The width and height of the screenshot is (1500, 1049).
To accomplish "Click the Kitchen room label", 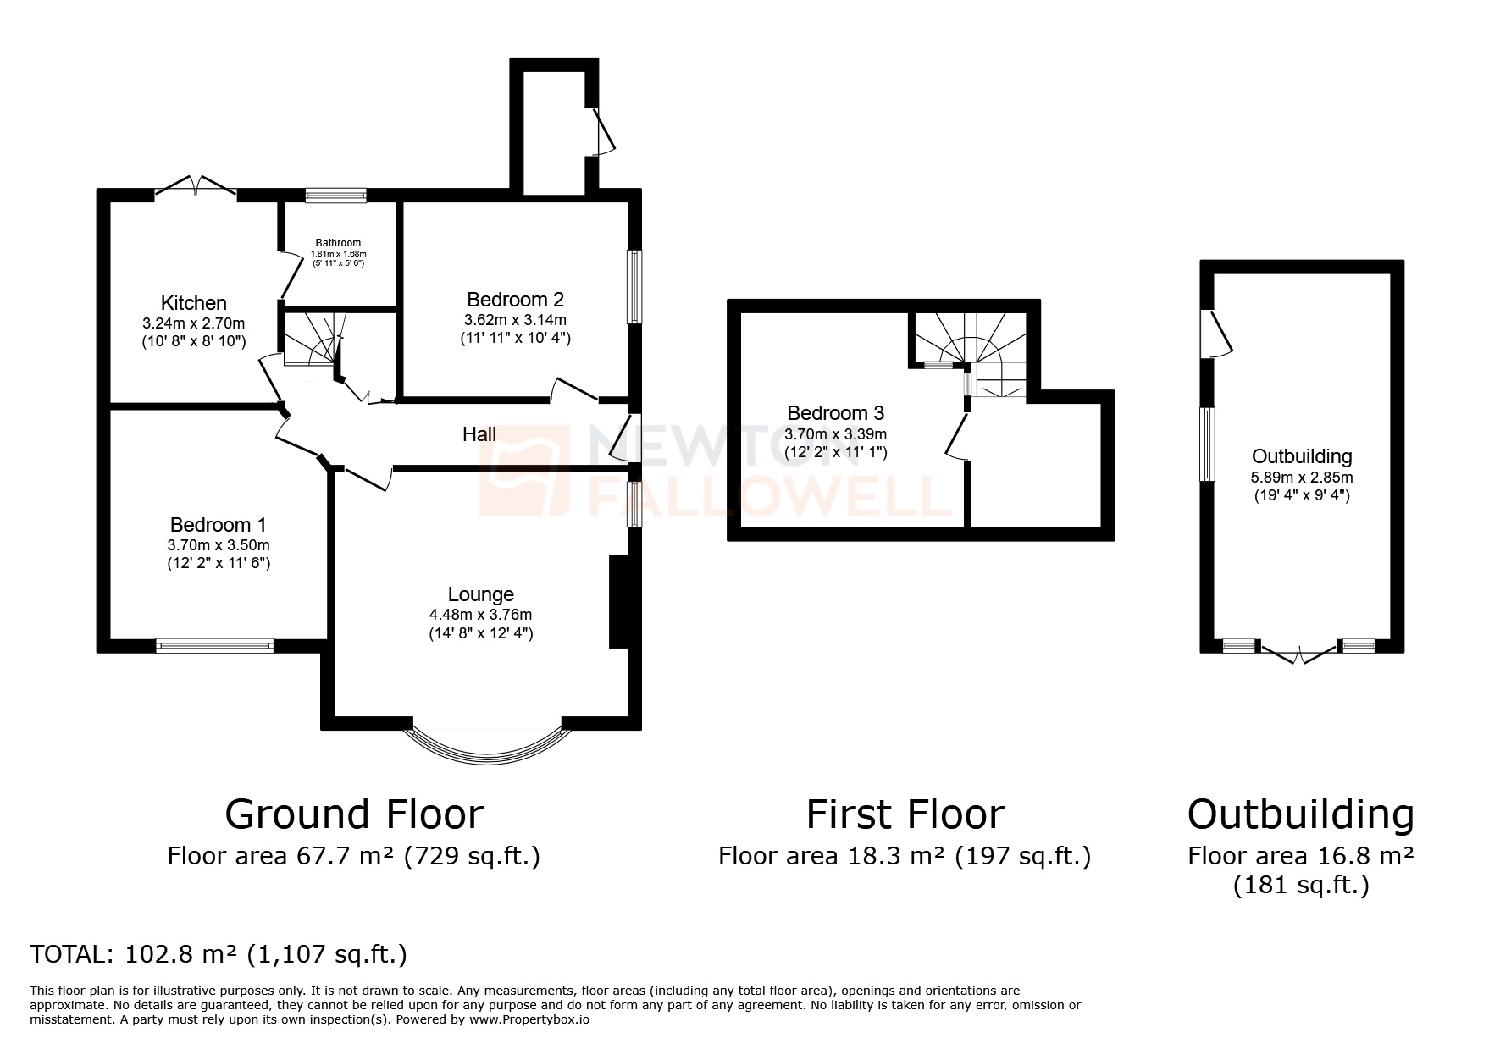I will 194,303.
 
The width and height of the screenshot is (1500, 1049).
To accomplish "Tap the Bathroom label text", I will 338,243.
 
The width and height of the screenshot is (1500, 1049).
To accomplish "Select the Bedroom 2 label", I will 515,300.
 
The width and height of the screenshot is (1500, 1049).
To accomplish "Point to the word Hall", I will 479,434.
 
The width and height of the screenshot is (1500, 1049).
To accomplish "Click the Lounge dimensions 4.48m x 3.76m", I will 480,615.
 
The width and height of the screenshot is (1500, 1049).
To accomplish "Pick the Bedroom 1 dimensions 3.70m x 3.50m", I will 219,545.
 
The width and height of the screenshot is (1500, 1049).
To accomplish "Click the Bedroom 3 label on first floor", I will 835,413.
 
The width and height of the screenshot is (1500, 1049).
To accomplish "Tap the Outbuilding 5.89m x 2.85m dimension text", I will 1301,478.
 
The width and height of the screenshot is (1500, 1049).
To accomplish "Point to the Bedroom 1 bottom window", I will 215,646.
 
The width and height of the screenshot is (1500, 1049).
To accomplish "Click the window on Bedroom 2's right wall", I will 634,286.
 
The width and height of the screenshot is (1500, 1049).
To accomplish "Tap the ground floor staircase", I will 312,339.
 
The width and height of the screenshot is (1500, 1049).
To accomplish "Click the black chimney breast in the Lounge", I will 617,602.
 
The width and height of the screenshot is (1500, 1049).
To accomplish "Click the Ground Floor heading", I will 354,814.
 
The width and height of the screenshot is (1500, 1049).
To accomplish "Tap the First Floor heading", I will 905,814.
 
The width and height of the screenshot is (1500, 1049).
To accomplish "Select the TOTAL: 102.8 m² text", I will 219,954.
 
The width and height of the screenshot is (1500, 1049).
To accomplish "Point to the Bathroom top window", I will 336,196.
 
